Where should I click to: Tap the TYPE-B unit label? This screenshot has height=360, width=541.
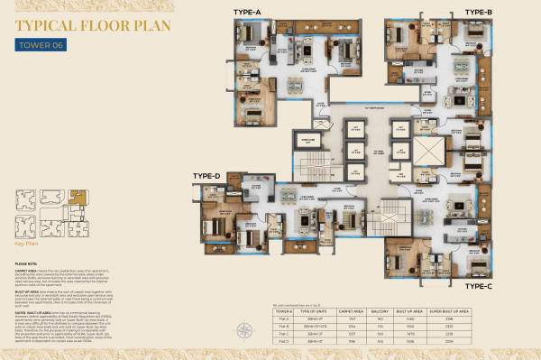coord(478,12)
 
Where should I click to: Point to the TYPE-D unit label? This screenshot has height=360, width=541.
coord(206,175)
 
